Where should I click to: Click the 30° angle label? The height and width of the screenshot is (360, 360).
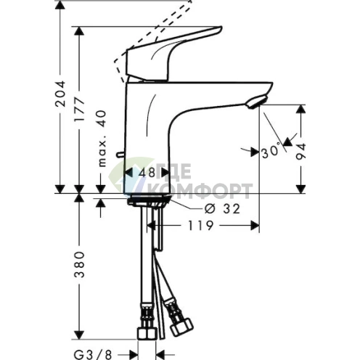point(271,152)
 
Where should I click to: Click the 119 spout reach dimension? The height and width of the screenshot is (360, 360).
point(199,226)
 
